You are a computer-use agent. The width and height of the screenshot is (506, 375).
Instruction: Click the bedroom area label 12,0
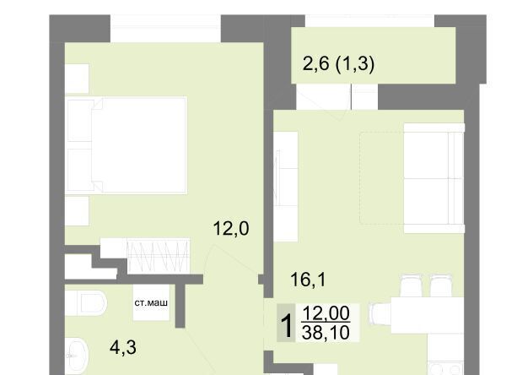(x=231, y=228)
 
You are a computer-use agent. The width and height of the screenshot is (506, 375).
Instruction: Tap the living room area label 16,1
(x=308, y=280)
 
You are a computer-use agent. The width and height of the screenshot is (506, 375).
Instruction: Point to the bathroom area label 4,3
(x=123, y=347)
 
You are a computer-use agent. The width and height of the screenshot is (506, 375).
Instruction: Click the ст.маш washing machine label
(x=151, y=303)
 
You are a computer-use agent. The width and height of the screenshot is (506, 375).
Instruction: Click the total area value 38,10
(x=326, y=332)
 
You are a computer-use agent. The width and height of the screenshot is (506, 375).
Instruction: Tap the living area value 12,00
(x=326, y=313)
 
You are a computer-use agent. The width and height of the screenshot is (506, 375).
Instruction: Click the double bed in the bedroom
(x=126, y=145)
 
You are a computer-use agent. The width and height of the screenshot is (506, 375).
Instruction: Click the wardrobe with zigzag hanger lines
(x=159, y=256)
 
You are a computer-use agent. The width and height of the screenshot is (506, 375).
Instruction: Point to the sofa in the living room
(x=434, y=178)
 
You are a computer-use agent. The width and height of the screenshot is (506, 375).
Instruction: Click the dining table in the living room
(x=428, y=315)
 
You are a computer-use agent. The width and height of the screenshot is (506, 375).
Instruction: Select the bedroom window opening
(x=165, y=29)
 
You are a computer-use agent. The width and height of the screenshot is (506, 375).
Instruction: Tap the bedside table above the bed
(x=77, y=79)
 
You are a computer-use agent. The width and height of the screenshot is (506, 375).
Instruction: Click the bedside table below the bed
(x=77, y=211)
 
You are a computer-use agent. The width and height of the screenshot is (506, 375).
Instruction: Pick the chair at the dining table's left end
(x=380, y=315)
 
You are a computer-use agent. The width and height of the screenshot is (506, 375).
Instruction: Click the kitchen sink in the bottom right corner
(x=446, y=368)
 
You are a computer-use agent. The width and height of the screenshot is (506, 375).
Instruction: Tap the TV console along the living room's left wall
(x=286, y=187)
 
